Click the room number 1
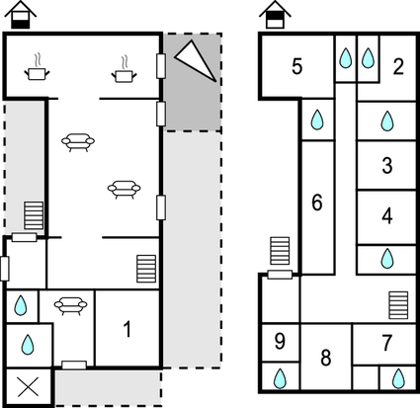[127, 329]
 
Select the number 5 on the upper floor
[297, 66]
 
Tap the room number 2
[398, 66]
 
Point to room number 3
[387, 165]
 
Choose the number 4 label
[387, 216]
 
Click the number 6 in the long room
[317, 203]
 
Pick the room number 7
[387, 343]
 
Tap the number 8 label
[326, 358]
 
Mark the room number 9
[280, 341]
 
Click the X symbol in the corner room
[28, 387]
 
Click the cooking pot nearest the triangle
[125, 71]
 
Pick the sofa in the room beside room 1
[70, 306]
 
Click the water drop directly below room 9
[280, 378]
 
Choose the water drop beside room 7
[398, 378]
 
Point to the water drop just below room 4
[387, 259]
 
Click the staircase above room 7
[398, 305]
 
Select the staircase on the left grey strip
[34, 215]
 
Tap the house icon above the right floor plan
[275, 15]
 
